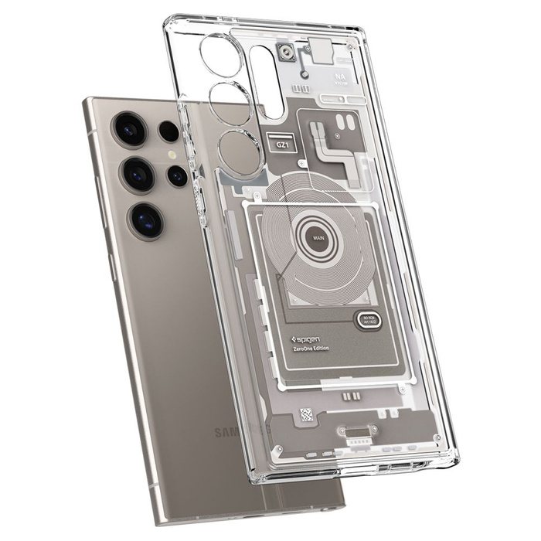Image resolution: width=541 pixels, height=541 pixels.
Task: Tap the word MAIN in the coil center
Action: click(318, 238)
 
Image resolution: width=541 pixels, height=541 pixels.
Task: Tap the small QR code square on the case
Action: click(307, 414)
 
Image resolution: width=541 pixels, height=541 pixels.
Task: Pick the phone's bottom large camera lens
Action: click(146, 220)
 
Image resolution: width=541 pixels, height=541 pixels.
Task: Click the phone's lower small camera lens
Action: click(177, 177)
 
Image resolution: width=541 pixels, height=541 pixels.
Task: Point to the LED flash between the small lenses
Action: click(172, 155)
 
